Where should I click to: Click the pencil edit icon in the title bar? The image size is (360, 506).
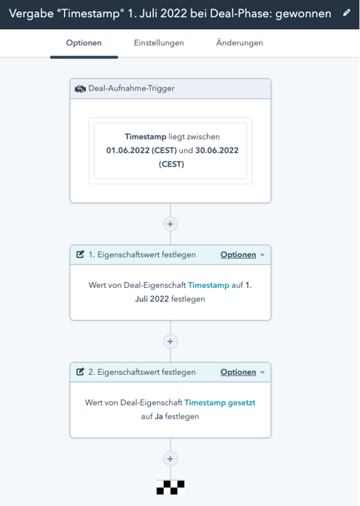(347, 13)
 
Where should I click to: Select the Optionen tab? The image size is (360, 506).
(84, 43)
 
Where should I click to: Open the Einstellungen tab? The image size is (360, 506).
(159, 43)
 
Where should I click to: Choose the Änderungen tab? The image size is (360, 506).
(240, 42)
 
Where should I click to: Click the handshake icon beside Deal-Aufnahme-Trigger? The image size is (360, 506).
(80, 89)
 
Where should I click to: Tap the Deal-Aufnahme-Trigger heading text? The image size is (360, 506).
(131, 88)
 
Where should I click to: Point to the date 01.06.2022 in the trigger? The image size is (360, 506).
(128, 150)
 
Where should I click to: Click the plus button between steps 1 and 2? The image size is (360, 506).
(171, 341)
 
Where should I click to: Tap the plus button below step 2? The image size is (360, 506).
(171, 459)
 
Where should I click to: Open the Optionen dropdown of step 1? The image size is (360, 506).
(242, 255)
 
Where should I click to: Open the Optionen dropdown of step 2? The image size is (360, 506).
(242, 373)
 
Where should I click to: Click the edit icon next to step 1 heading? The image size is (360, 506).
(80, 254)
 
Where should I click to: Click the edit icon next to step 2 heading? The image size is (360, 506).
(80, 372)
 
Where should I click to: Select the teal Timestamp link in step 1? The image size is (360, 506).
(208, 285)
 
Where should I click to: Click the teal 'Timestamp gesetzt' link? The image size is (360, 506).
(219, 402)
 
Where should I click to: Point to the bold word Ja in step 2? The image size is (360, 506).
(159, 416)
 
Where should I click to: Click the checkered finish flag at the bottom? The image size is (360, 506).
(171, 487)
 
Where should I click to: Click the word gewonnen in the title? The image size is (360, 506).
(303, 14)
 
